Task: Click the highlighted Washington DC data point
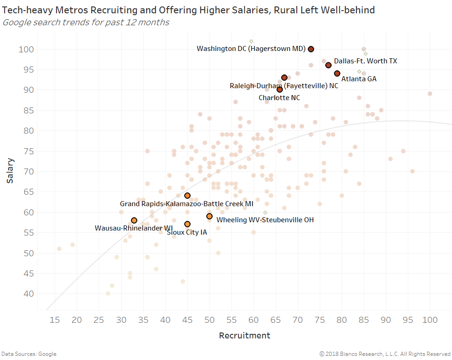(x=311, y=49)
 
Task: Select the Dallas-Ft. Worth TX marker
(x=328, y=65)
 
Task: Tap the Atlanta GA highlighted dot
(x=337, y=73)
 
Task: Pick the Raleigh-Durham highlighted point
(x=284, y=78)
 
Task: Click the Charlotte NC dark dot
(x=280, y=90)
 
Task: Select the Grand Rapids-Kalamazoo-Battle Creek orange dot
(x=187, y=196)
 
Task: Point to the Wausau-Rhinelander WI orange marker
(x=134, y=220)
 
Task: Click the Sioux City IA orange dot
(x=187, y=224)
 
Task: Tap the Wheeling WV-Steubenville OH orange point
(x=209, y=216)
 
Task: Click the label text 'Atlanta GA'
(x=359, y=79)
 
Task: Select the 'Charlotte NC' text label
(x=279, y=98)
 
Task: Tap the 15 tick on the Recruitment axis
(x=55, y=320)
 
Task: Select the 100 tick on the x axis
(x=430, y=320)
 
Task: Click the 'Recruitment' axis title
(x=244, y=336)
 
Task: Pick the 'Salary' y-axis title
(x=10, y=171)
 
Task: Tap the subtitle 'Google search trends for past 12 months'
(x=86, y=22)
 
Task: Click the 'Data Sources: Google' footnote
(x=28, y=354)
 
